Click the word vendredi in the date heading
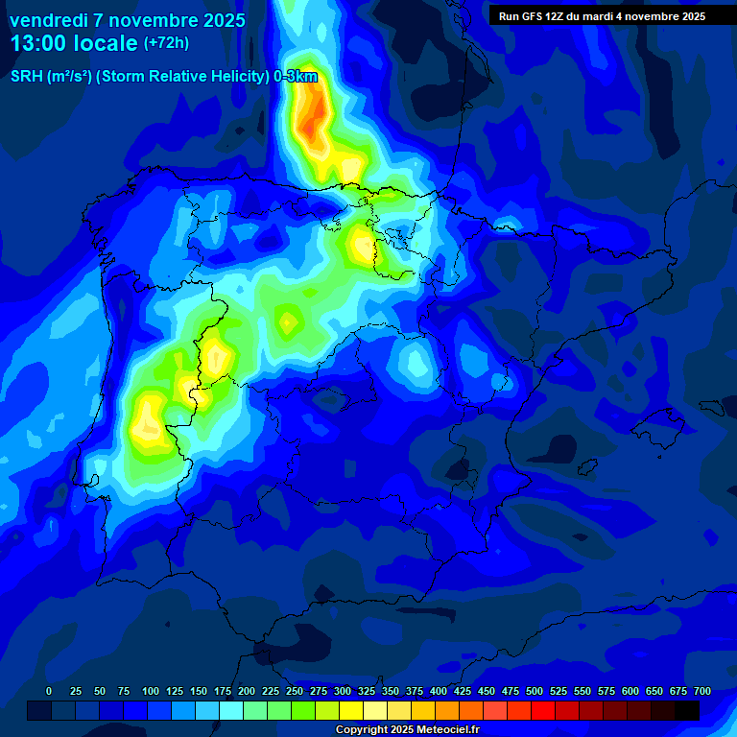click(53, 20)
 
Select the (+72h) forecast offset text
click(167, 43)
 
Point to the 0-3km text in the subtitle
click(295, 77)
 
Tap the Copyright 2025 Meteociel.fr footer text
click(407, 729)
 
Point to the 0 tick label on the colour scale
click(49, 691)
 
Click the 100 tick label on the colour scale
click(151, 691)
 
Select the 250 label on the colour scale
click(295, 691)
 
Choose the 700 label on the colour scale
click(702, 691)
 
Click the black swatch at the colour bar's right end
click(687, 710)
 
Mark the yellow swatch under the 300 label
click(351, 710)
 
